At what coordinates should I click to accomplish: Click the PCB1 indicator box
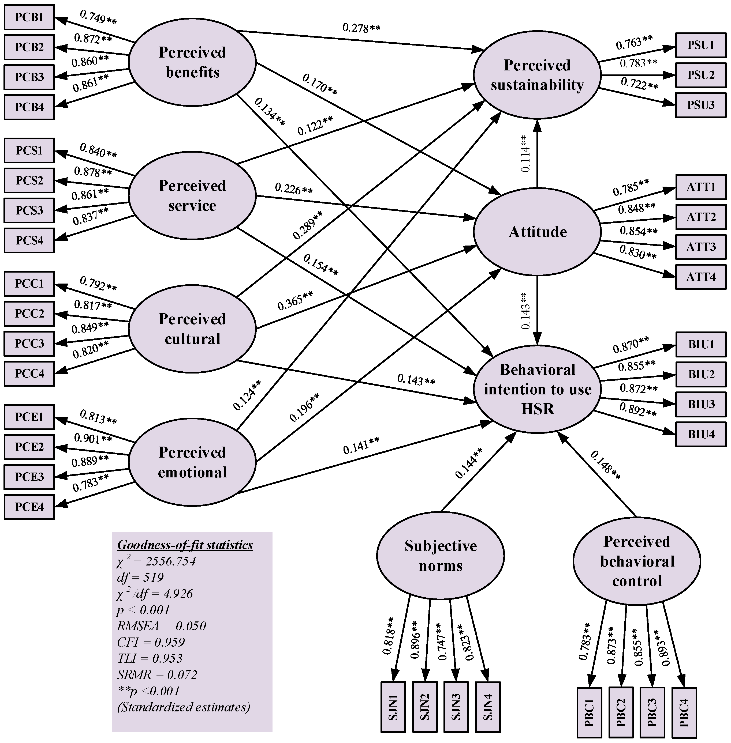click(29, 17)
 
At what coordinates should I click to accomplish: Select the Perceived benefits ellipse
click(192, 62)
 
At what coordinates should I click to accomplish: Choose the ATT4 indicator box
click(701, 277)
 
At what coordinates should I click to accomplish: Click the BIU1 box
click(701, 344)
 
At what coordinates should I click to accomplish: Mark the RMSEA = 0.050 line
click(161, 626)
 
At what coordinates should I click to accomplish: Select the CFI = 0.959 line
click(151, 642)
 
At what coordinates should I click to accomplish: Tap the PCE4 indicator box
click(29, 507)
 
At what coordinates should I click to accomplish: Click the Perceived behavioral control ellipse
click(637, 561)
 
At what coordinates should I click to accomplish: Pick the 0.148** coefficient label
click(605, 465)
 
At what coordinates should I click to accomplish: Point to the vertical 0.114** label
click(525, 153)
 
